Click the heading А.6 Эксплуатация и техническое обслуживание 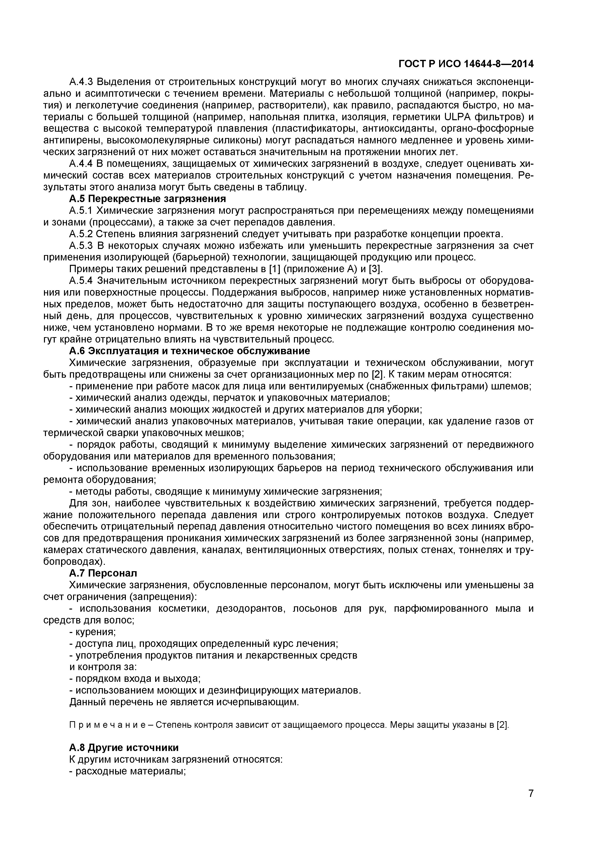click(189, 351)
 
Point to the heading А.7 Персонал click(103, 573)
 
